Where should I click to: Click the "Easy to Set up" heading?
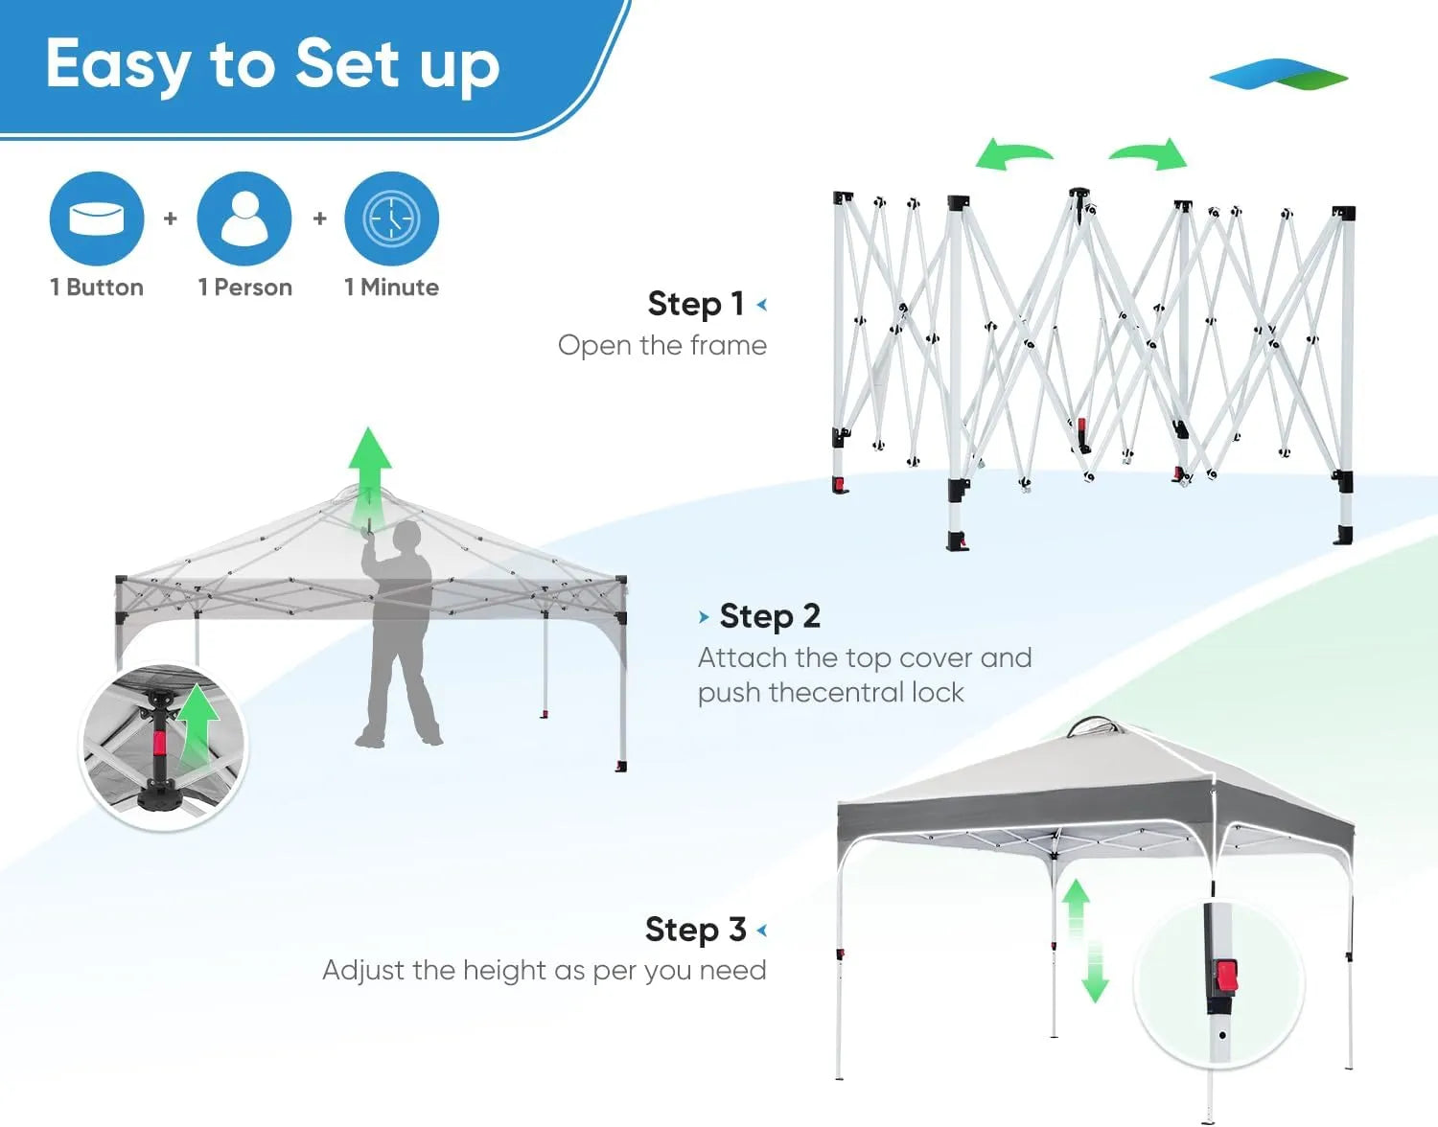(x=273, y=65)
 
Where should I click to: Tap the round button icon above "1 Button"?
(x=97, y=218)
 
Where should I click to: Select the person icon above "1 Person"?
(x=244, y=218)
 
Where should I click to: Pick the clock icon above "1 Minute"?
(x=391, y=218)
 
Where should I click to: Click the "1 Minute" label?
(x=391, y=287)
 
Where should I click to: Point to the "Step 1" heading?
(x=696, y=304)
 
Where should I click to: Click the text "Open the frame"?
(x=662, y=345)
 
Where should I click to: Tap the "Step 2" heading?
(x=770, y=616)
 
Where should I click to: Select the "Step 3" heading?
(x=695, y=930)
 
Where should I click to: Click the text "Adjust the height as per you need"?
(x=545, y=971)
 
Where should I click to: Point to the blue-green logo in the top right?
(x=1278, y=75)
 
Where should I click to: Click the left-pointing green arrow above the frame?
(x=1013, y=154)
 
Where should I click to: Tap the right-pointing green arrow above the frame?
(x=1149, y=153)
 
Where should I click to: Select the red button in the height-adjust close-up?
(x=1226, y=977)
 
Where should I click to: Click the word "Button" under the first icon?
(x=104, y=287)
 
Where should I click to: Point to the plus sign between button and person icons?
(x=171, y=218)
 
